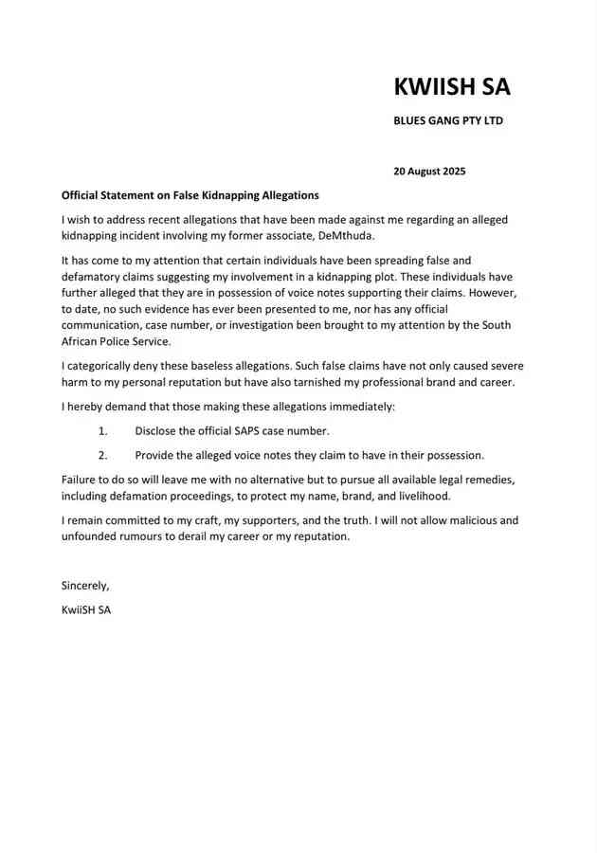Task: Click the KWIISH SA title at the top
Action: tap(452, 86)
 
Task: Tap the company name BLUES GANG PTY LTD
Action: tap(448, 120)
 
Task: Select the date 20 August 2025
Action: tap(429, 172)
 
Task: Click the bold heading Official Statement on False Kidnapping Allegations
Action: tap(190, 195)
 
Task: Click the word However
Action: tap(493, 293)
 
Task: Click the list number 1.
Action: tap(102, 431)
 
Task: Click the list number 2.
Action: tap(102, 455)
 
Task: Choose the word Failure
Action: tap(82, 480)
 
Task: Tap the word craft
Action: tap(204, 520)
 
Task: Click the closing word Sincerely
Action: tap(85, 585)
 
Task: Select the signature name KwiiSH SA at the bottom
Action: tap(86, 609)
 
